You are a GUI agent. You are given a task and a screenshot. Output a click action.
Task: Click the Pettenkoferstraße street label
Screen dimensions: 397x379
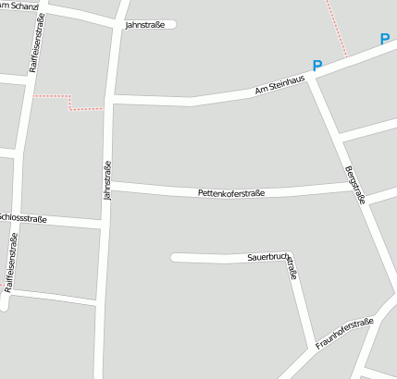[231, 193]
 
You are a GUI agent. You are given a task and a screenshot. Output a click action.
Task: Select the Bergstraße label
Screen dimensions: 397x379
[355, 185]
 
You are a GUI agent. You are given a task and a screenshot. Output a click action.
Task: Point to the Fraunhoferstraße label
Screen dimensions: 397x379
[344, 334]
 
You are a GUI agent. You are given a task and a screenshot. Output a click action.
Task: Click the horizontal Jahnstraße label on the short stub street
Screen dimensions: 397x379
[144, 25]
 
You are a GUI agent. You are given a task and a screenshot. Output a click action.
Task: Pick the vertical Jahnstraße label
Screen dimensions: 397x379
[108, 181]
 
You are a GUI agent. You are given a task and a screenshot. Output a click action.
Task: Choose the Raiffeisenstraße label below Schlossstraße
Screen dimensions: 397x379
[12, 264]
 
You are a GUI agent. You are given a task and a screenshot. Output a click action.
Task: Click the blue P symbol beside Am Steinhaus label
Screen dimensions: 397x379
[317, 67]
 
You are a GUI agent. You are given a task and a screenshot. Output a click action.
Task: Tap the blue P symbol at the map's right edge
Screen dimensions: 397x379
[385, 40]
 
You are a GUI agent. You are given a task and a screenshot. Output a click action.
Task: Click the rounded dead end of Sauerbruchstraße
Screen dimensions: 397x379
[175, 258]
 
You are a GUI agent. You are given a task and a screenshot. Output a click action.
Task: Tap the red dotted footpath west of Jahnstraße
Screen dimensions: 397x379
[69, 103]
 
